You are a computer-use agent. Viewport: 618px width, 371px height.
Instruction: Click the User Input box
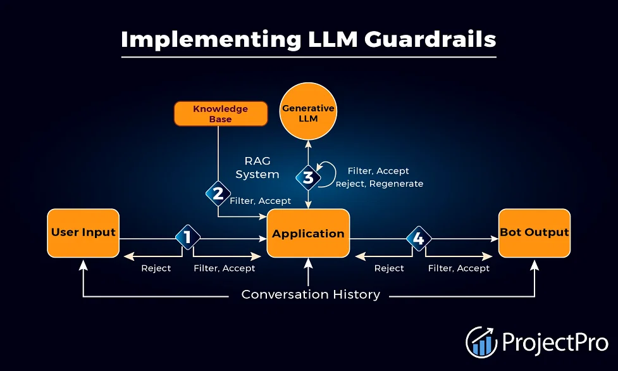(83, 233)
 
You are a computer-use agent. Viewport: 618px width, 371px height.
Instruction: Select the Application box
(308, 233)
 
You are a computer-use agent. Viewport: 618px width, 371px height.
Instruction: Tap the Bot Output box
(534, 233)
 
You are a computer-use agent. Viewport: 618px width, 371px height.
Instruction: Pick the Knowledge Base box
(221, 114)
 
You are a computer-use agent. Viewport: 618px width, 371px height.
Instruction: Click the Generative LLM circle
(308, 111)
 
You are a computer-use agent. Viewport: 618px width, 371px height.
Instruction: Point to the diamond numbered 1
(188, 237)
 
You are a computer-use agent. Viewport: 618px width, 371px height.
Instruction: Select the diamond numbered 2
(218, 193)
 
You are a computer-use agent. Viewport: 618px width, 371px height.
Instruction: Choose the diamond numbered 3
(308, 178)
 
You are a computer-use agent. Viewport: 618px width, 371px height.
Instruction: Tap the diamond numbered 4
(419, 239)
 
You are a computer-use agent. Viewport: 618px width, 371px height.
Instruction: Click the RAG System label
(257, 168)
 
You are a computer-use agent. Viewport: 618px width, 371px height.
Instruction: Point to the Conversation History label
(311, 294)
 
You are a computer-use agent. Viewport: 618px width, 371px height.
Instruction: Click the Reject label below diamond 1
(156, 268)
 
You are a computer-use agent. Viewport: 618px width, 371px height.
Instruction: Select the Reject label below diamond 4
(389, 268)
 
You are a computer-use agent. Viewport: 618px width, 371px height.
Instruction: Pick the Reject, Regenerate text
(380, 184)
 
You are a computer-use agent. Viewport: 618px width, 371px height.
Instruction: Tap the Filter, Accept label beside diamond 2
(261, 201)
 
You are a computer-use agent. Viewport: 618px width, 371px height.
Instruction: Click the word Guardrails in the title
(430, 39)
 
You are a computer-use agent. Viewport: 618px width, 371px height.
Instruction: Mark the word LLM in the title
(333, 39)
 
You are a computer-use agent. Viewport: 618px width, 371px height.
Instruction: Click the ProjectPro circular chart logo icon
(481, 342)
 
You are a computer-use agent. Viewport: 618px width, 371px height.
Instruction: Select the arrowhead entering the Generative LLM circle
(308, 144)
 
